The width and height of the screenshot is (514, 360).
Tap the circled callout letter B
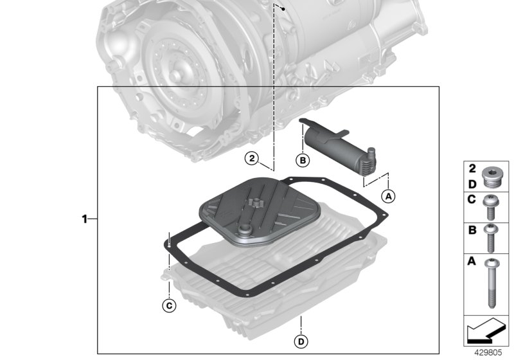(x=301, y=159)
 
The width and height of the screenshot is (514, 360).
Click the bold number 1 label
(x=84, y=219)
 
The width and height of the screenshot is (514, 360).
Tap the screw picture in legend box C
(x=493, y=206)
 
